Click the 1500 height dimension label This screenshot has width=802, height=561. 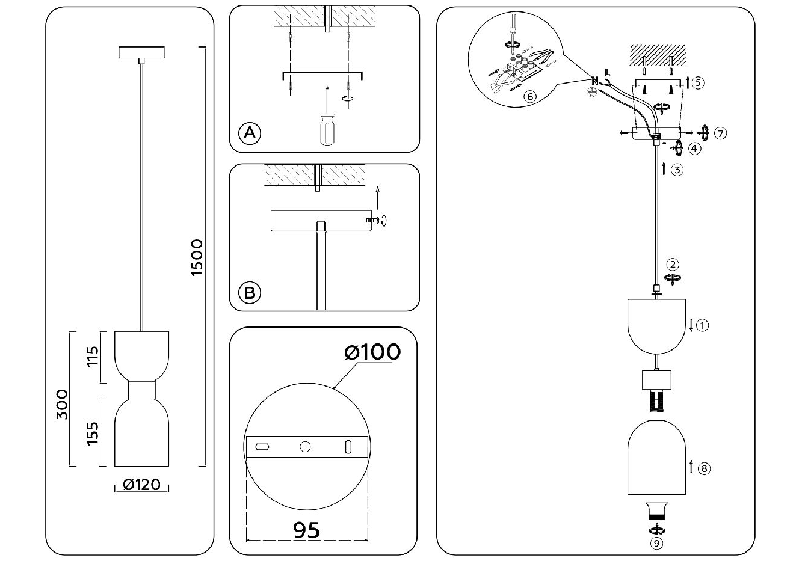pos(197,257)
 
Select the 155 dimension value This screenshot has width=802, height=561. pos(93,434)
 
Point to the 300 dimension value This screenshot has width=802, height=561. pos(62,405)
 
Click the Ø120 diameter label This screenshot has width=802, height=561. pos(141,484)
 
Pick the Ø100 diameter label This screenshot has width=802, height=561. pos(372,351)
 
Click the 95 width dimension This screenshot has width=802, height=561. pos(306,530)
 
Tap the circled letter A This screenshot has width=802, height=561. pos(250,133)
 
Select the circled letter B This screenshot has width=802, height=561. pos(250,293)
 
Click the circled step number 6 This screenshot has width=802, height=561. pos(530,96)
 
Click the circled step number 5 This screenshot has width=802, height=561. pos(697,83)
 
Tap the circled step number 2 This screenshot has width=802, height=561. pos(673,264)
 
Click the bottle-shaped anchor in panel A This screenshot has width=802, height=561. pos(327,129)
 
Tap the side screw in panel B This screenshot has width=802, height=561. pos(373,221)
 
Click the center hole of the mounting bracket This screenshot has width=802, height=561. pos(306,446)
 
